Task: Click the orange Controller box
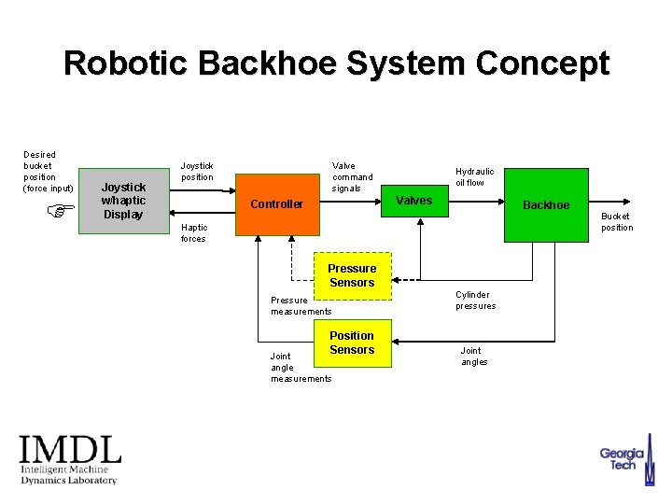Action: click(x=276, y=203)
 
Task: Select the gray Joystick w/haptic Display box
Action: click(x=123, y=201)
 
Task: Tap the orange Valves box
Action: click(x=413, y=200)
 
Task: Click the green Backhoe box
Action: click(x=546, y=204)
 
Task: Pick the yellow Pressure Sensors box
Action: click(x=352, y=275)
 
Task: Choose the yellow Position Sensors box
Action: click(x=352, y=343)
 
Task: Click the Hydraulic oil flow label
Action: click(x=474, y=177)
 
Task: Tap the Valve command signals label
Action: click(x=352, y=177)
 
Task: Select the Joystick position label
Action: click(x=197, y=172)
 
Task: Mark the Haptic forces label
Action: click(x=193, y=232)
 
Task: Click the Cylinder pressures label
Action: click(x=475, y=301)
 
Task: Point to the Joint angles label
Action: click(x=473, y=357)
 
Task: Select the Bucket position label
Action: click(x=616, y=222)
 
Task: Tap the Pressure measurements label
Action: click(x=301, y=306)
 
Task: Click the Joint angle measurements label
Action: click(x=301, y=367)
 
